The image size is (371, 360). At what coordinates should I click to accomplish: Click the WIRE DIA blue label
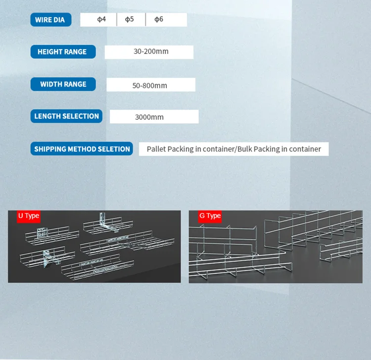pos(51,20)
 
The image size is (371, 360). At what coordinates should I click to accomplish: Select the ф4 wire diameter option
pos(101,19)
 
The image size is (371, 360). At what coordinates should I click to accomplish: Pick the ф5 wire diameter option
pos(129,19)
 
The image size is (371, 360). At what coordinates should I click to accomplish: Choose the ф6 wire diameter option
pos(158,19)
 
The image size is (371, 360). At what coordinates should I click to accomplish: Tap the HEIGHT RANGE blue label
pos(62,51)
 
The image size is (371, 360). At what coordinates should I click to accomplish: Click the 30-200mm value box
pos(148,52)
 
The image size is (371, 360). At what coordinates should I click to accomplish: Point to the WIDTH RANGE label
pos(63,84)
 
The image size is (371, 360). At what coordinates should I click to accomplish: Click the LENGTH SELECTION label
pos(67,116)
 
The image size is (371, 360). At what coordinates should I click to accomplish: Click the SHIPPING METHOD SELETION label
pos(82,149)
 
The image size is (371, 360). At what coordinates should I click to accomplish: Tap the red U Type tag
pos(28,216)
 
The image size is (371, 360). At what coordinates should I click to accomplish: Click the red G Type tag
pos(210,216)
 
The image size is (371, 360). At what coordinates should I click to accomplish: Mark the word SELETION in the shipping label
pos(114,149)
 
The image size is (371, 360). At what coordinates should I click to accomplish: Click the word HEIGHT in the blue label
pos(50,51)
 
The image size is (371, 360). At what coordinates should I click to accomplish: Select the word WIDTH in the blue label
pos(51,84)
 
